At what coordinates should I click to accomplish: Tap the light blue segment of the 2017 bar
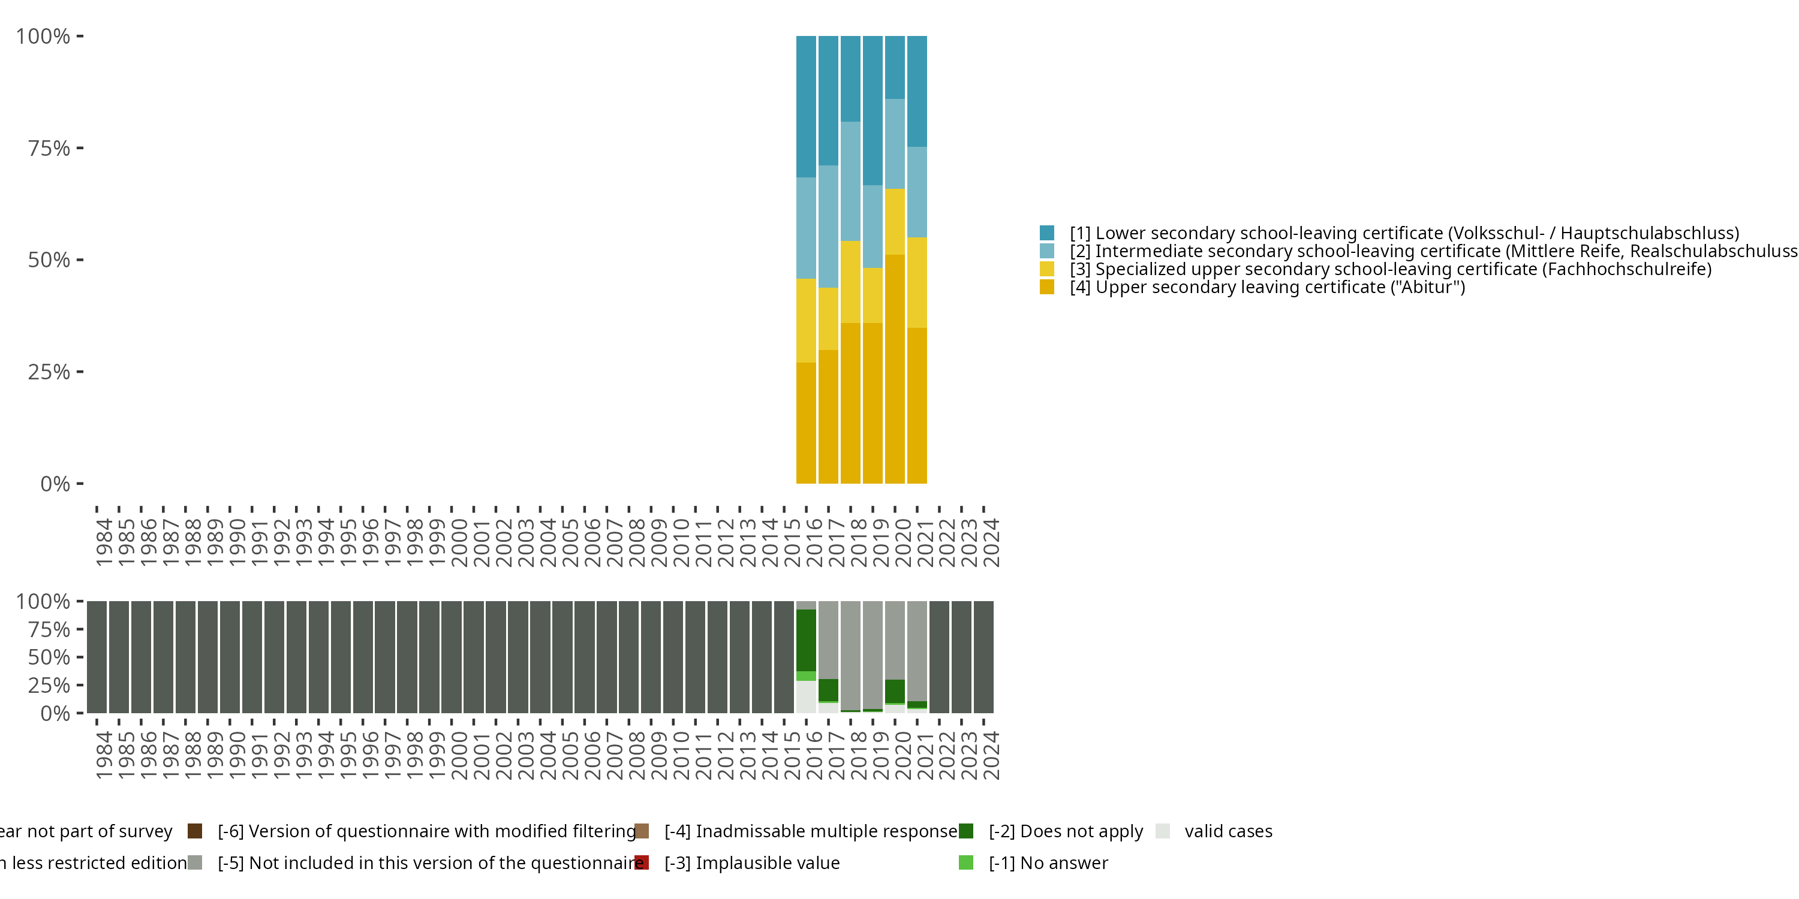(828, 226)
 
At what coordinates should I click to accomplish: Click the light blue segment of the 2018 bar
(850, 181)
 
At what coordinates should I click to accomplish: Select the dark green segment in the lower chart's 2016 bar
(806, 640)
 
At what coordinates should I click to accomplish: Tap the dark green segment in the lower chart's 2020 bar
(895, 691)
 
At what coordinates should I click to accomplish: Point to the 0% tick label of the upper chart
(55, 484)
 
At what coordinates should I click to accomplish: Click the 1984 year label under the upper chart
(103, 542)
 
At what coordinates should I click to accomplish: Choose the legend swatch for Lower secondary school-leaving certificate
(1046, 233)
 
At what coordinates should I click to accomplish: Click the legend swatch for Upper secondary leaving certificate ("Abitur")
(1046, 287)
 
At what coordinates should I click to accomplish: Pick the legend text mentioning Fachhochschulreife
(1390, 269)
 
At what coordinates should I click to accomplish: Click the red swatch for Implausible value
(642, 862)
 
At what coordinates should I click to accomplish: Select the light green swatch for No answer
(966, 862)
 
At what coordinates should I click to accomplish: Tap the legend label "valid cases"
(1228, 831)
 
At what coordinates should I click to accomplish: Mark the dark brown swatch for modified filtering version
(195, 831)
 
